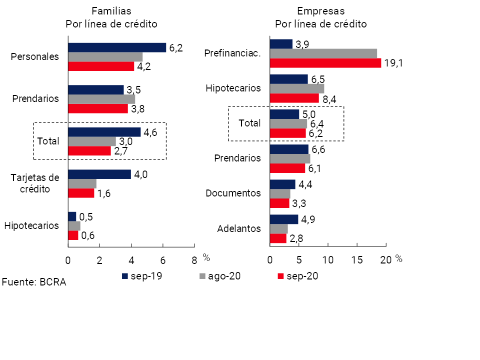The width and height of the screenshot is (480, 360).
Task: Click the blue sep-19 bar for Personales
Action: tap(117, 47)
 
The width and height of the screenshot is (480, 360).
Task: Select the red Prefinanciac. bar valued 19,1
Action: tap(325, 63)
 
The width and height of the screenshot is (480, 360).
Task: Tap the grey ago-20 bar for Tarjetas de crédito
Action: tap(82, 183)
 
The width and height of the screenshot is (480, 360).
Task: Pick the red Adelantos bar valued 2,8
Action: tap(278, 238)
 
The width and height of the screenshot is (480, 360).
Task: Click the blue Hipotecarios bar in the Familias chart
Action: tap(72, 216)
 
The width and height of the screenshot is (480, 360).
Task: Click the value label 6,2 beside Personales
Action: tap(176, 48)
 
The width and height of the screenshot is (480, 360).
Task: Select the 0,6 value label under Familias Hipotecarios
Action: tap(88, 236)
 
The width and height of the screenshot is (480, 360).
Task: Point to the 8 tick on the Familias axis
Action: tap(194, 259)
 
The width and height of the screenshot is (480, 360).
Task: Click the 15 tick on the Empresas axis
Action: tap(357, 259)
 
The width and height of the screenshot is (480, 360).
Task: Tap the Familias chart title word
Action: tap(111, 10)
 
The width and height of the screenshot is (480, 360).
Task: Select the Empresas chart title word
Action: tap(320, 10)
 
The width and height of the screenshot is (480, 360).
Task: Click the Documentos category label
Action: tap(233, 193)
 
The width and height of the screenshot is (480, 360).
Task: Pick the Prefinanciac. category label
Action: tap(233, 53)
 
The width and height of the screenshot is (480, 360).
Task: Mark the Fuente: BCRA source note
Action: tap(34, 282)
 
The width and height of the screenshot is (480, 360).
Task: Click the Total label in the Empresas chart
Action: tap(250, 123)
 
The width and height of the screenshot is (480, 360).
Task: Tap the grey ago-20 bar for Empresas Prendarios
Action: tap(289, 158)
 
